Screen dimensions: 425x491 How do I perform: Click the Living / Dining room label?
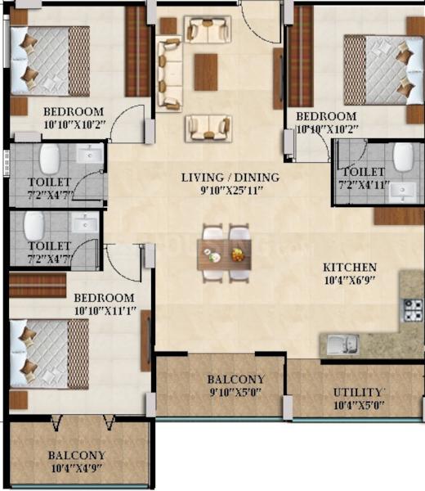tap(230, 178)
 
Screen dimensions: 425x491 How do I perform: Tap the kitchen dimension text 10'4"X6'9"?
tap(350, 280)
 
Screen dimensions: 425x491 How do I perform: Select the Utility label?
tap(358, 392)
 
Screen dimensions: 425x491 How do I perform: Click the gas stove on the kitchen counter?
tap(413, 310)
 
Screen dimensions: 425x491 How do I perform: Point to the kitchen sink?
tap(342, 345)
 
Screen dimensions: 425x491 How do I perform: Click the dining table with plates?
tap(224, 255)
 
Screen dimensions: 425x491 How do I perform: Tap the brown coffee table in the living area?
tap(206, 72)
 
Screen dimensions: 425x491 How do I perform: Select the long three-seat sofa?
tap(169, 74)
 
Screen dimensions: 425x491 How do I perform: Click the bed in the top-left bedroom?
tap(50, 61)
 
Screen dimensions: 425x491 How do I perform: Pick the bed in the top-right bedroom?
tap(383, 70)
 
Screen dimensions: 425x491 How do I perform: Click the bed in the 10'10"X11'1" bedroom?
tap(49, 354)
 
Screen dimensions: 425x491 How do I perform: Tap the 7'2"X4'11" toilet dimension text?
tap(364, 185)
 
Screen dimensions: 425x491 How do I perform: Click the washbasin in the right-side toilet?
tap(402, 191)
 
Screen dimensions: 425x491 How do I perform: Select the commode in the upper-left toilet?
tap(50, 159)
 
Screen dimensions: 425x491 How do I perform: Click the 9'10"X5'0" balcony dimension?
tap(235, 392)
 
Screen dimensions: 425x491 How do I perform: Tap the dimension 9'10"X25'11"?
tap(230, 191)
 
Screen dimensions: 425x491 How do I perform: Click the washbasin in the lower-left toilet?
tap(85, 222)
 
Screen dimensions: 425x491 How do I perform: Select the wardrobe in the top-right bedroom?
tap(301, 56)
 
